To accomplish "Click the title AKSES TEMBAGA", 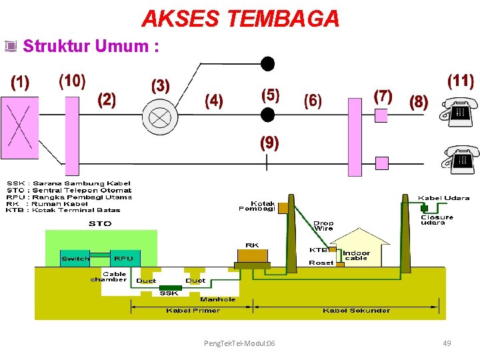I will pos(240,19).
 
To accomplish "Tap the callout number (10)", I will pos(72,81).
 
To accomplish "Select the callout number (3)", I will pos(161,86).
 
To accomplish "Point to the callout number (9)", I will pos(269,143).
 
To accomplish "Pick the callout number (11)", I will pos(460,82).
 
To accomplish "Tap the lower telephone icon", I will pos(459,159).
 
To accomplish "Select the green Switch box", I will pos(75,259).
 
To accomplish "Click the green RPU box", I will pos(123,259).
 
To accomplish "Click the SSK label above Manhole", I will pos(169,293).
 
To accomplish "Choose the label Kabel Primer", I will pos(193,311).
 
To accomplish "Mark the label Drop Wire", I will pos(323,226).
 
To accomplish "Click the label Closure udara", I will pos(437,219).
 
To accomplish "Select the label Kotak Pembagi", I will pos(257,206).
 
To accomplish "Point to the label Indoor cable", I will pos(356,256).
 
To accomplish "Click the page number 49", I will pos(447,343).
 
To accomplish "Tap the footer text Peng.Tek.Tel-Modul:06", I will pos(239,343).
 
